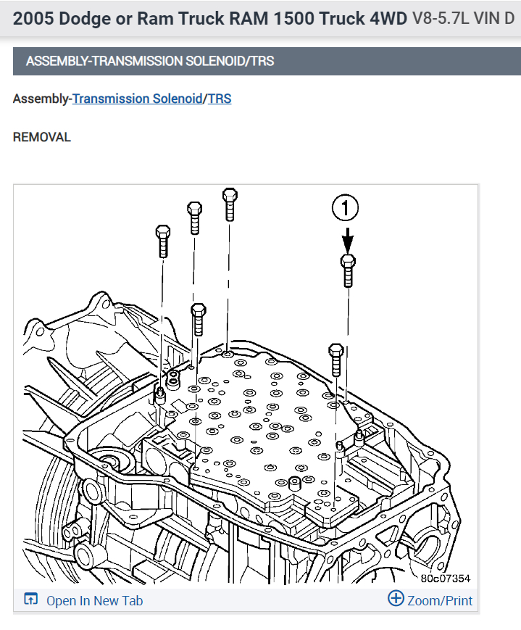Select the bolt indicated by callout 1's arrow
click(x=348, y=270)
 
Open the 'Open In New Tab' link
click(x=94, y=600)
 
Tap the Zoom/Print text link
click(x=440, y=600)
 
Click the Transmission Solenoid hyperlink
click(x=137, y=99)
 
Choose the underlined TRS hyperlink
click(x=220, y=99)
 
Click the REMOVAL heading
click(x=42, y=137)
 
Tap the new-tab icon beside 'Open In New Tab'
click(x=30, y=600)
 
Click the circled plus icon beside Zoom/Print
click(x=396, y=599)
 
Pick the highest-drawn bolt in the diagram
click(x=230, y=204)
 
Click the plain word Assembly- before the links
click(x=42, y=99)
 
